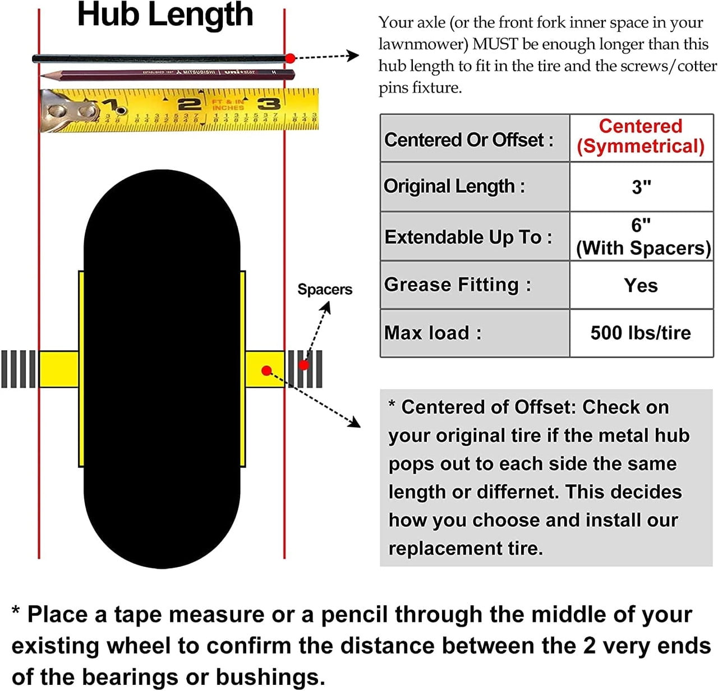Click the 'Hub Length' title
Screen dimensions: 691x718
click(165, 15)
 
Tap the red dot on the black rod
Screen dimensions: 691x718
click(290, 58)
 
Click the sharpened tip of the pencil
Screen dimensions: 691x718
click(43, 75)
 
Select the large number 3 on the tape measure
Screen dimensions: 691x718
click(269, 103)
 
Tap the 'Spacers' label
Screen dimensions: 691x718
click(325, 290)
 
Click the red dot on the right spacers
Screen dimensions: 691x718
click(303, 365)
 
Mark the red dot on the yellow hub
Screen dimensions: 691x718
click(267, 370)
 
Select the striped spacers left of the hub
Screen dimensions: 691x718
click(19, 369)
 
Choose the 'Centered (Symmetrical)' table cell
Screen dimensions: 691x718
click(641, 136)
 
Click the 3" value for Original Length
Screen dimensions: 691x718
click(641, 186)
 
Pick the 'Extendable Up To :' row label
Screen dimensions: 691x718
click(468, 237)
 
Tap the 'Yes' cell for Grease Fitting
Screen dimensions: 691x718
click(641, 285)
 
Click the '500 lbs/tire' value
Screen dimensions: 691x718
click(641, 333)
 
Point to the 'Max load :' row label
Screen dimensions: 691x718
click(432, 333)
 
